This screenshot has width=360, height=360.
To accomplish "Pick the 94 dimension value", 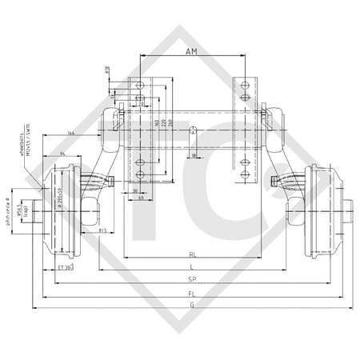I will point(63,151).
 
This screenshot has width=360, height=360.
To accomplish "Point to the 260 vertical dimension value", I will point(170,126).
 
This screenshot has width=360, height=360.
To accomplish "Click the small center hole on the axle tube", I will point(194,129).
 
